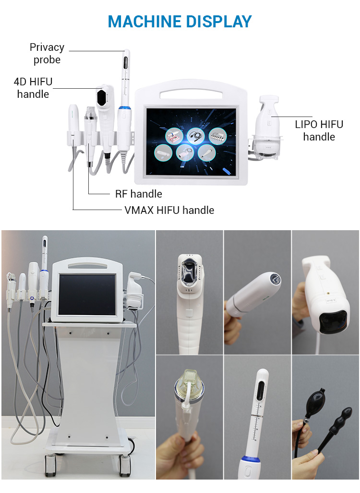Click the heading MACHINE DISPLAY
pyautogui.click(x=180, y=21)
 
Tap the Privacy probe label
pyautogui.click(x=47, y=53)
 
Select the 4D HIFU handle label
pyautogui.click(x=33, y=88)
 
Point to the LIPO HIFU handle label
pyautogui.click(x=319, y=130)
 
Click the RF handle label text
pyautogui.click(x=138, y=194)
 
